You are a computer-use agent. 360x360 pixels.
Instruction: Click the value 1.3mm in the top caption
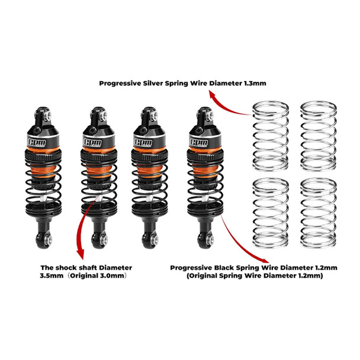pos(253,83)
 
